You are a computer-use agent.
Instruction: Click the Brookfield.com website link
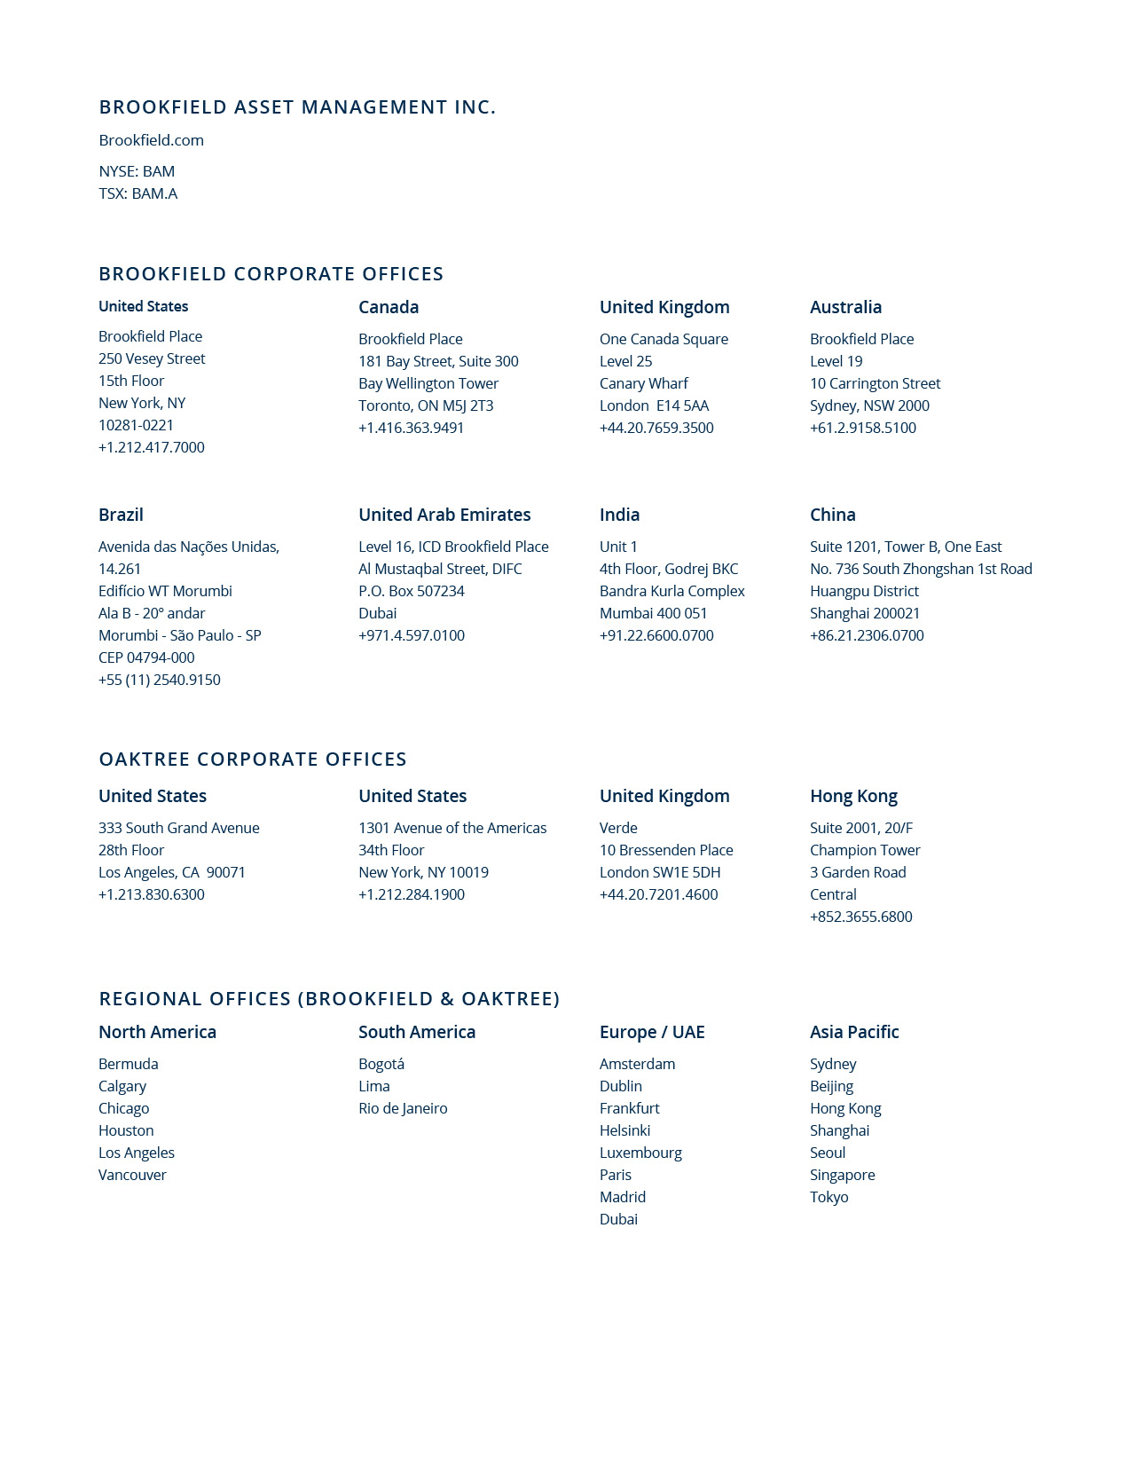pyautogui.click(x=151, y=140)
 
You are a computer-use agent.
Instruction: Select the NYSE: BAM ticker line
pyautogui.click(x=137, y=171)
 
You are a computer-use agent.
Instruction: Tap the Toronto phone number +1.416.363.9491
pyautogui.click(x=411, y=428)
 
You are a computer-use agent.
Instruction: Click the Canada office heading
pyautogui.click(x=389, y=307)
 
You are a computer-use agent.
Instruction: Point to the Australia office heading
pyautogui.click(x=845, y=307)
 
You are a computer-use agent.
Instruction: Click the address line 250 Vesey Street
pyautogui.click(x=152, y=358)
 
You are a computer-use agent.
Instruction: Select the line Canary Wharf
pyautogui.click(x=643, y=383)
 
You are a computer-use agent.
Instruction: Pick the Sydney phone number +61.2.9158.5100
pyautogui.click(x=862, y=428)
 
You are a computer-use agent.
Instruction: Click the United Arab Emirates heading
pyautogui.click(x=444, y=515)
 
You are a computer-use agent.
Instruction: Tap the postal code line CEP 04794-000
pyautogui.click(x=146, y=657)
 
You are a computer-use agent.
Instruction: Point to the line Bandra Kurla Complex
pyautogui.click(x=672, y=591)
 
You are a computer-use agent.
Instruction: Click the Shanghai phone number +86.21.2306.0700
pyautogui.click(x=867, y=635)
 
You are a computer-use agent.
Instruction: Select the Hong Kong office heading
pyautogui.click(x=853, y=796)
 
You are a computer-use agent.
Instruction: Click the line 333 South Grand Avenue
pyautogui.click(x=179, y=828)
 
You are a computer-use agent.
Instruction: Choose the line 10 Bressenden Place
pyautogui.click(x=666, y=850)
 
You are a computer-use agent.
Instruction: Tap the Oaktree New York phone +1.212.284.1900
pyautogui.click(x=411, y=894)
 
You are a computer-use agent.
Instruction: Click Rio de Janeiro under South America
pyautogui.click(x=403, y=1108)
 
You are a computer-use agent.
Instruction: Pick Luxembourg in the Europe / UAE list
pyautogui.click(x=640, y=1153)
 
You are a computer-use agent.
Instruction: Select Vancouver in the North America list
pyautogui.click(x=132, y=1175)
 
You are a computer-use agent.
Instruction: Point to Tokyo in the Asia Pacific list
pyautogui.click(x=829, y=1197)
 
